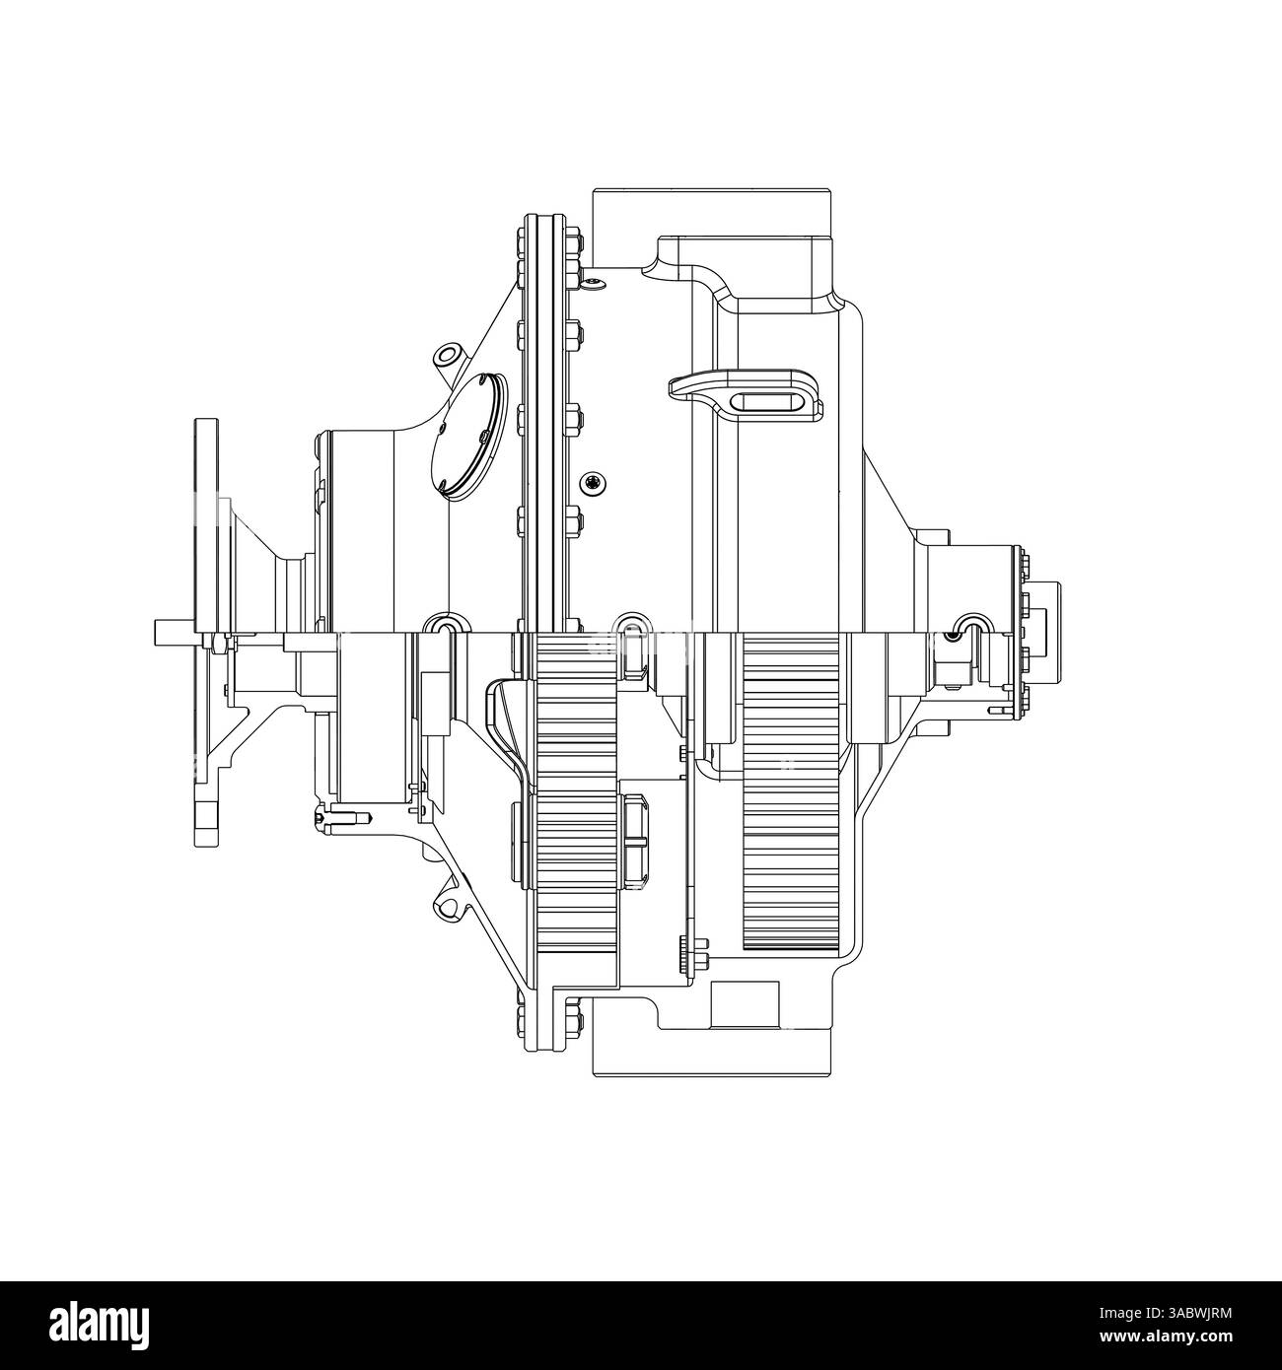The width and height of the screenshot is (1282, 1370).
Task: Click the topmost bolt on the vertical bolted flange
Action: coord(521,237)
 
